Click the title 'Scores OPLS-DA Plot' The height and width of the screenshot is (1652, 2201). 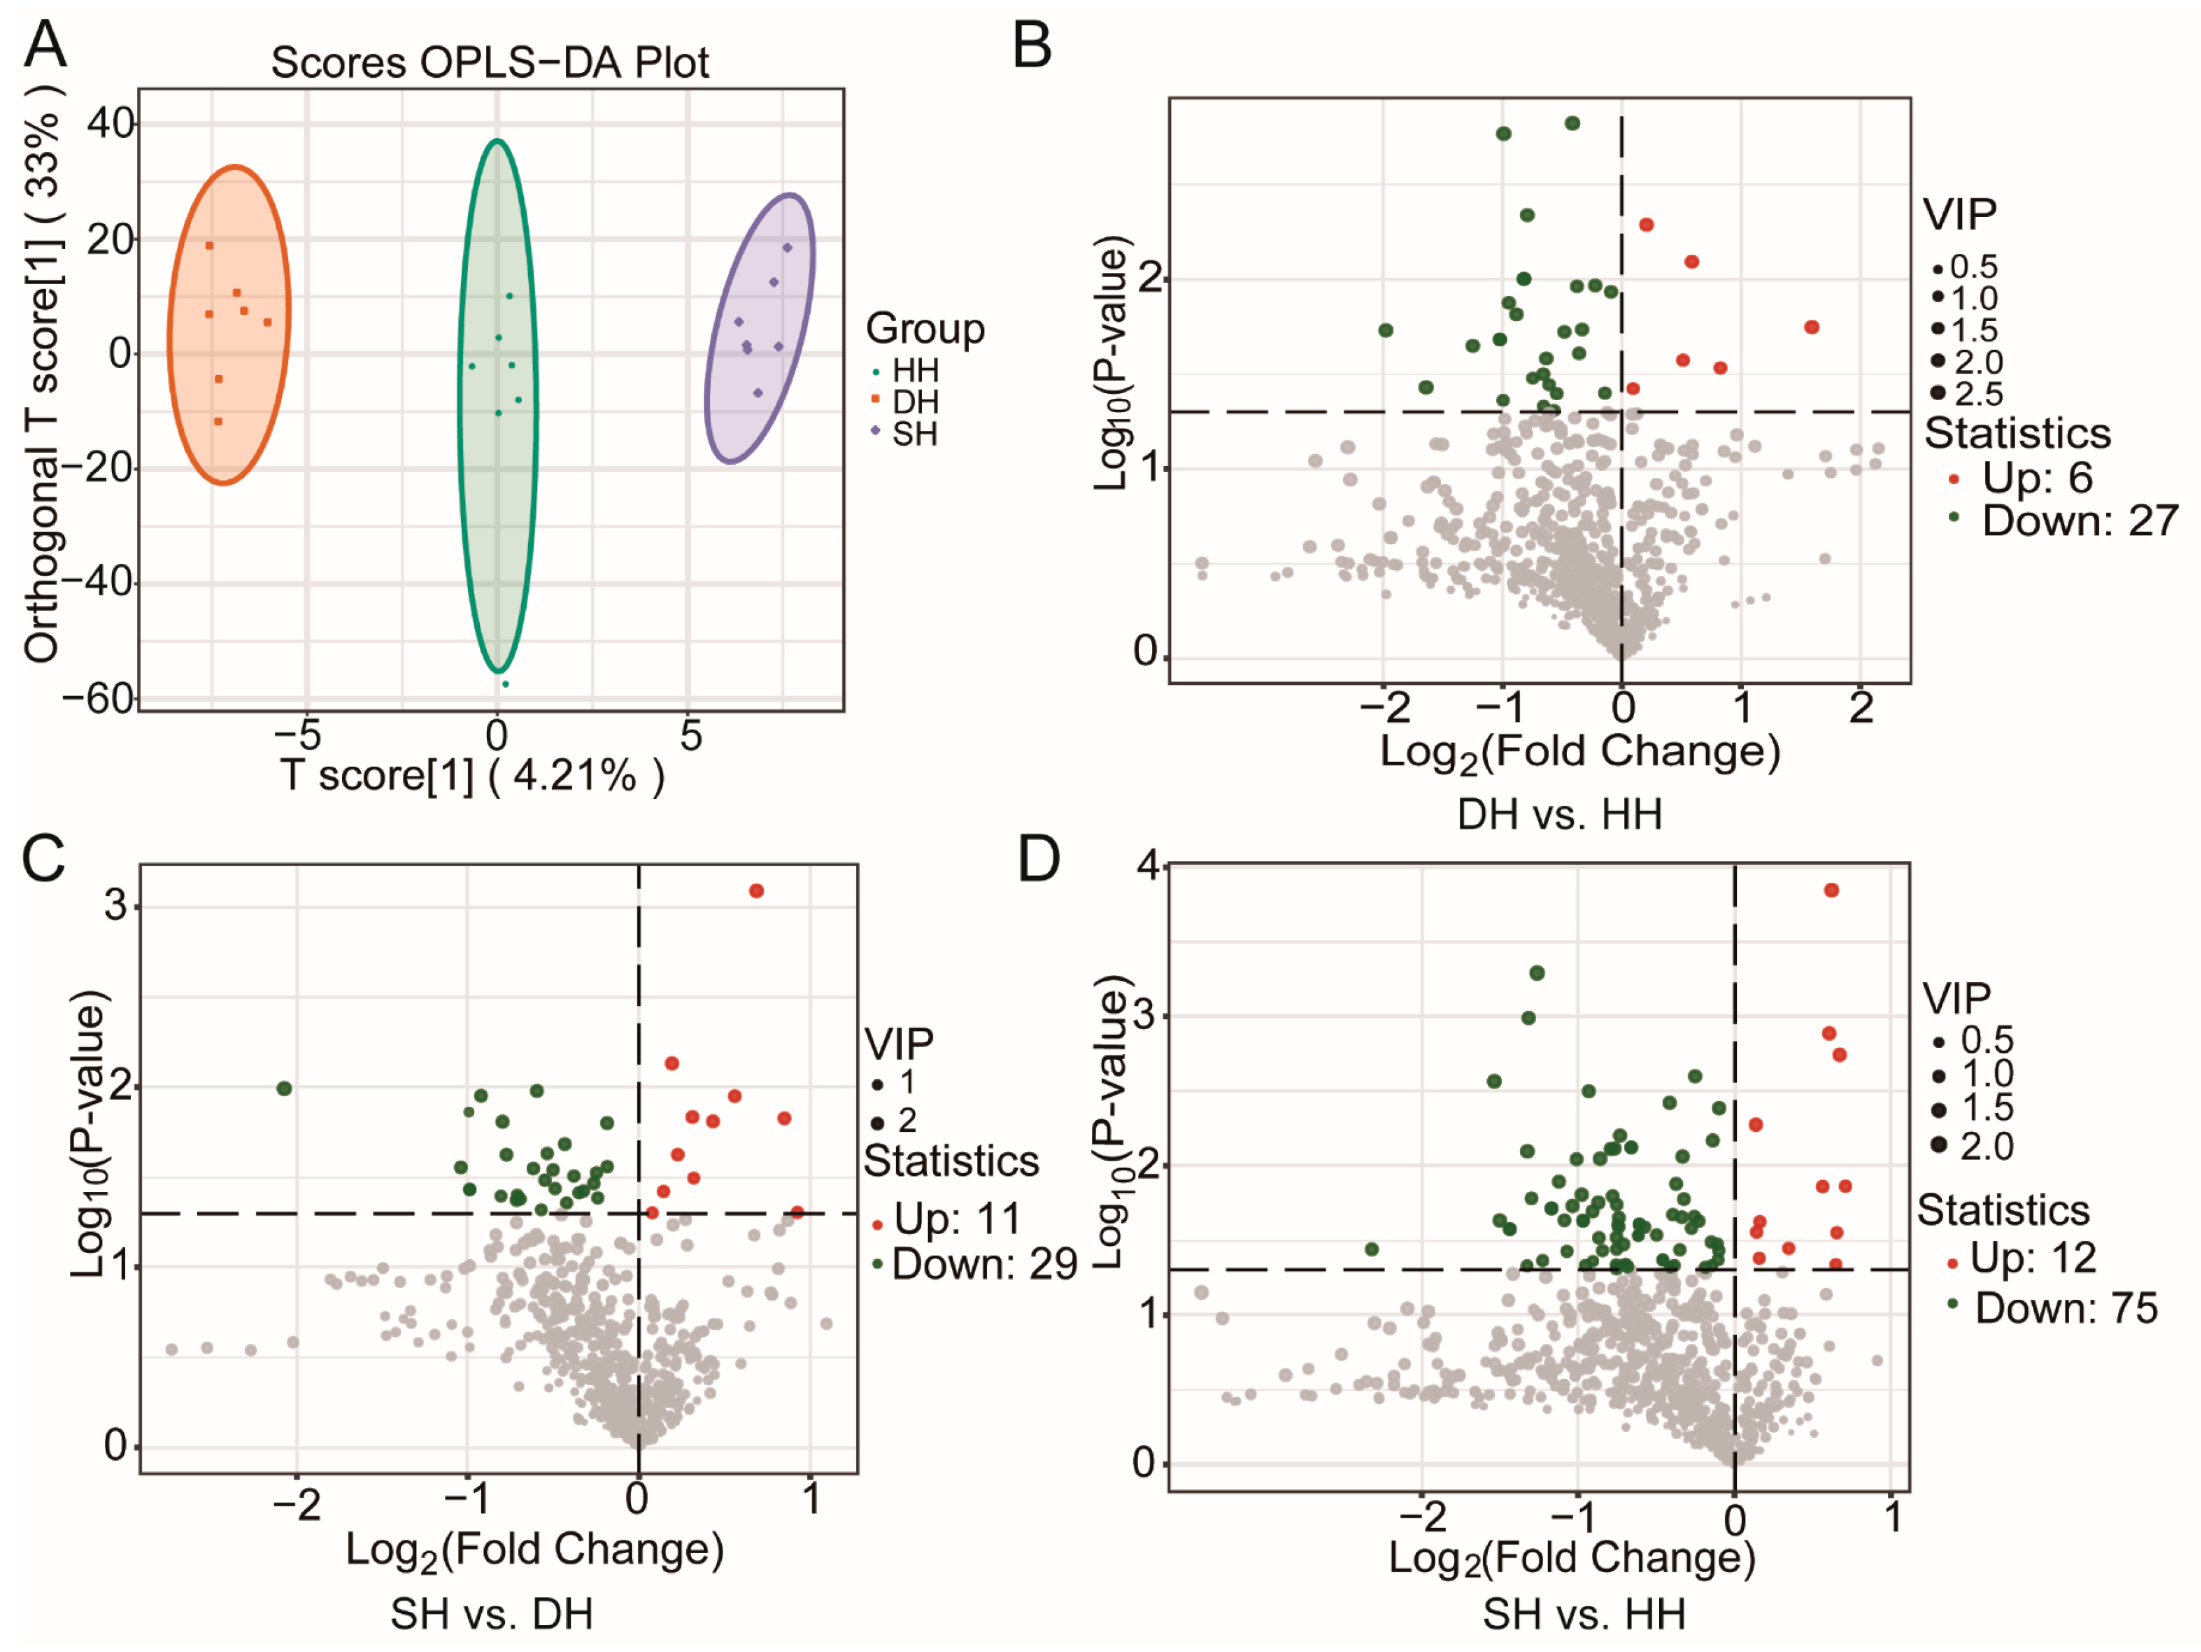(x=490, y=63)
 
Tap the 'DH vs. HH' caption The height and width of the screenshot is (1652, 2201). (x=1559, y=814)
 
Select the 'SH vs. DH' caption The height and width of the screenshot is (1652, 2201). (x=492, y=1614)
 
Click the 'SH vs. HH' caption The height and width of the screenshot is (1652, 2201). (x=1584, y=1614)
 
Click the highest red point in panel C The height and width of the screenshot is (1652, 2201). (x=756, y=891)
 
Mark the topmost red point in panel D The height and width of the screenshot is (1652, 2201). (x=1831, y=890)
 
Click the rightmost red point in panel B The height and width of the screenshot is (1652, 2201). (x=1812, y=326)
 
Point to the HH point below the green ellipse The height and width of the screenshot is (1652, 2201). (x=506, y=684)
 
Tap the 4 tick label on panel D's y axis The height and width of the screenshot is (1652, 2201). (x=1150, y=866)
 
